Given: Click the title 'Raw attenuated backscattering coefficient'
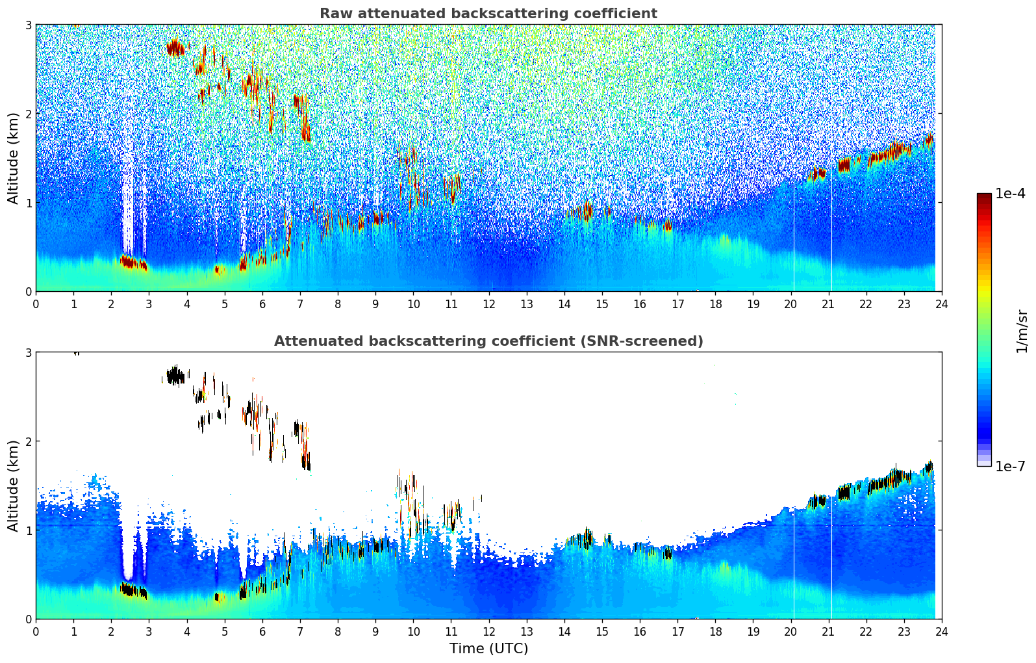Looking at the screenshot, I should pyautogui.click(x=488, y=14).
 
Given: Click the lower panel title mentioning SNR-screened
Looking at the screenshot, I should pyautogui.click(x=488, y=341).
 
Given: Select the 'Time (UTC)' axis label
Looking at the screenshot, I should pyautogui.click(x=488, y=649).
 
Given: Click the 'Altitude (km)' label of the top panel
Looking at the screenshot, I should pyautogui.click(x=13, y=158).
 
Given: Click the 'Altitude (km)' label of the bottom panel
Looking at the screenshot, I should pyautogui.click(x=13, y=486).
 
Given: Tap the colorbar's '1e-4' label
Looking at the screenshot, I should pyautogui.click(x=1010, y=194).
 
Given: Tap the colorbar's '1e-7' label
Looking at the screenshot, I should pyautogui.click(x=1010, y=466).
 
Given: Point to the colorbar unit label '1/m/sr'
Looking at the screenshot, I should pyautogui.click(x=1022, y=331).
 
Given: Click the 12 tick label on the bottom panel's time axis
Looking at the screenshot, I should pyautogui.click(x=488, y=632).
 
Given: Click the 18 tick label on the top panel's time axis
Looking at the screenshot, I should pyautogui.click(x=715, y=304).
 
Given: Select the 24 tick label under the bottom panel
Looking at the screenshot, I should pyautogui.click(x=941, y=632).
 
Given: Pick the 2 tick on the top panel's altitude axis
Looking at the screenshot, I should pyautogui.click(x=28, y=114).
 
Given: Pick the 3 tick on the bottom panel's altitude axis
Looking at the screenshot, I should pyautogui.click(x=28, y=352).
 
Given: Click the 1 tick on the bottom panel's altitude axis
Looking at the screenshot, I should pyautogui.click(x=28, y=530).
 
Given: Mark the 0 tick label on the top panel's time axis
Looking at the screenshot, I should pyautogui.click(x=36, y=304).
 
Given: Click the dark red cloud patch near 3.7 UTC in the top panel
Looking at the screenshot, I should pyautogui.click(x=175, y=47).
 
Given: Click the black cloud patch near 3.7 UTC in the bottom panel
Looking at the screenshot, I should pyautogui.click(x=175, y=376).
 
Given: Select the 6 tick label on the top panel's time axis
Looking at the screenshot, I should pyautogui.click(x=262, y=304).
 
